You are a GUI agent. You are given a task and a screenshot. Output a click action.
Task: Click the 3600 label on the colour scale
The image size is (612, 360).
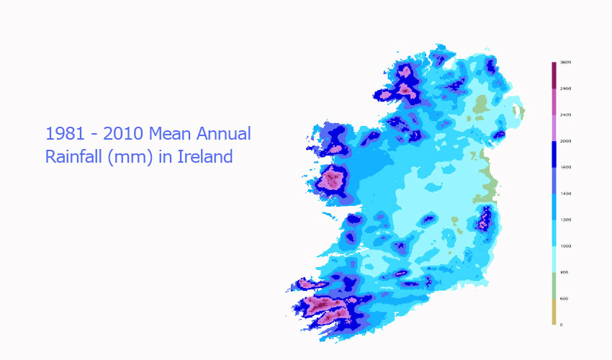tap(566, 63)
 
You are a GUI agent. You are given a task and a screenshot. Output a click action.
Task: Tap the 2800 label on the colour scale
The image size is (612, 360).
tap(566, 89)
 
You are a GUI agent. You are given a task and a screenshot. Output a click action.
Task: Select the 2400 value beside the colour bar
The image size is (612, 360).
tap(566, 115)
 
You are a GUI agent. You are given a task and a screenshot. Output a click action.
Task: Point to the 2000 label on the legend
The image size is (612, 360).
tap(566, 141)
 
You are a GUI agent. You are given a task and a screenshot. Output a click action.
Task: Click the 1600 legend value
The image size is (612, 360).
tap(566, 167)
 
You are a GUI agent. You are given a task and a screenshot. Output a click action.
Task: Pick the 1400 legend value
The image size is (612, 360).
tap(566, 194)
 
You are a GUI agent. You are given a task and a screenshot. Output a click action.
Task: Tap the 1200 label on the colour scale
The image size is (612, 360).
tap(566, 220)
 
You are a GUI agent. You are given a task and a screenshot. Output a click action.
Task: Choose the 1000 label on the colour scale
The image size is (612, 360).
tap(566, 246)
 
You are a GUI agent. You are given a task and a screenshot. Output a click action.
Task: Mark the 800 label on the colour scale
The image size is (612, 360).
tap(564, 272)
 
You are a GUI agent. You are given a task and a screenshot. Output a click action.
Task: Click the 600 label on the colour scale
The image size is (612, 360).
tap(564, 298)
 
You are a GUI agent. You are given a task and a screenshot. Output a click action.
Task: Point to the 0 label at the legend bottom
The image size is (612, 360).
tap(562, 325)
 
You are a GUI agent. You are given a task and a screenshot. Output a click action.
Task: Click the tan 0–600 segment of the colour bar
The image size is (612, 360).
tap(554, 312)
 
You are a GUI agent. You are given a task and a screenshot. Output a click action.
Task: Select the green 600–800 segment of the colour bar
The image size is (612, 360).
tap(554, 285)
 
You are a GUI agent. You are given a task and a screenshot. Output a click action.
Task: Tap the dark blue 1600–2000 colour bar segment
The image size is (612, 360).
tap(554, 154)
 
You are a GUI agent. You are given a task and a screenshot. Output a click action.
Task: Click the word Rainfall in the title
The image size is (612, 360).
tap(74, 156)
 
